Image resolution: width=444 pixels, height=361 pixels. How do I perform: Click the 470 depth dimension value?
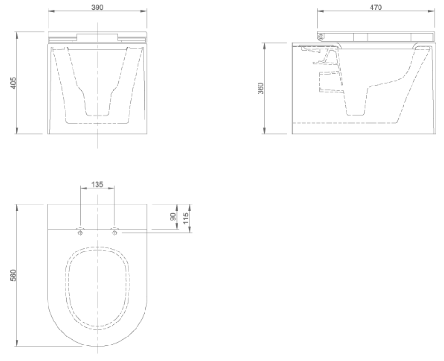click(x=375, y=7)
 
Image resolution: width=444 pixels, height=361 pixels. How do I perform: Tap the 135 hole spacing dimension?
click(x=97, y=184)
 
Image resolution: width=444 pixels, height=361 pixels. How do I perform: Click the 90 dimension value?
click(x=172, y=217)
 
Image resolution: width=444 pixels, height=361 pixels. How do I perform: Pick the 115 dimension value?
click(x=186, y=218)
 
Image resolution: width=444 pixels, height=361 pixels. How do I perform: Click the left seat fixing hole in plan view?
click(x=80, y=232)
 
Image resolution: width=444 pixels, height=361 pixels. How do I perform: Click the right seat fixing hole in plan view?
click(x=114, y=232)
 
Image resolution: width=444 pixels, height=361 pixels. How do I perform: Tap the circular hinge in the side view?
click(x=321, y=37)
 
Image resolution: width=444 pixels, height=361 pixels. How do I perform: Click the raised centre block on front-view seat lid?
click(x=97, y=37)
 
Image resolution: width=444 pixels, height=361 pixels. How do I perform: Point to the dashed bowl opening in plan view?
click(x=97, y=287)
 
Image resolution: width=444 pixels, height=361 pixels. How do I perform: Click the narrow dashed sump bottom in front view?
click(x=97, y=114)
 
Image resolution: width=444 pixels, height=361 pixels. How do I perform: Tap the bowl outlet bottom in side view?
click(x=355, y=114)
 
